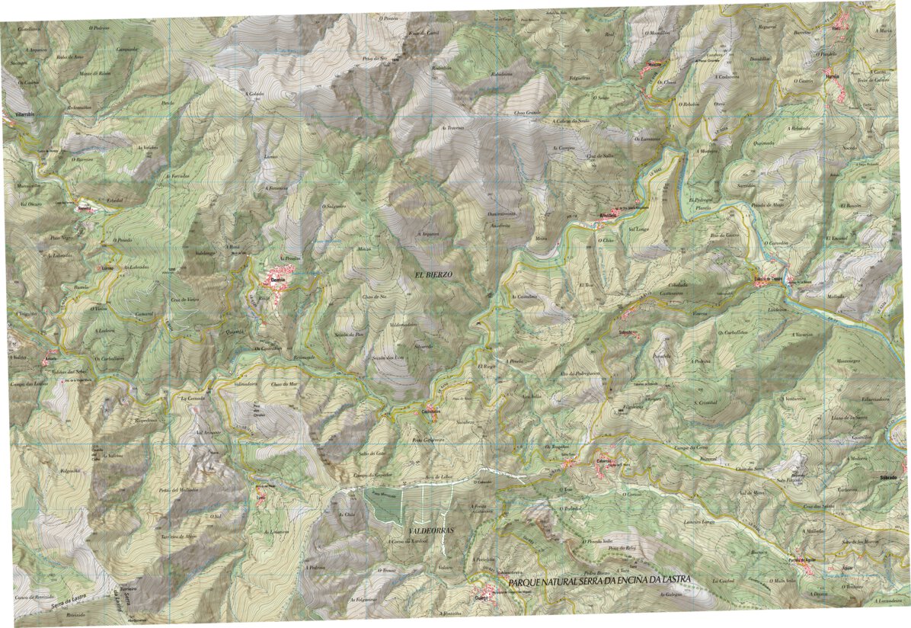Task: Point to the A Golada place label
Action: (x=254, y=95)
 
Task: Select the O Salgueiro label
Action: (x=334, y=206)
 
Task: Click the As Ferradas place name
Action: (x=177, y=175)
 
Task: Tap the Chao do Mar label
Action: (x=283, y=384)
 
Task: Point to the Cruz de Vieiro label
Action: (x=184, y=300)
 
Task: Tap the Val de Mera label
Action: (x=752, y=494)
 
